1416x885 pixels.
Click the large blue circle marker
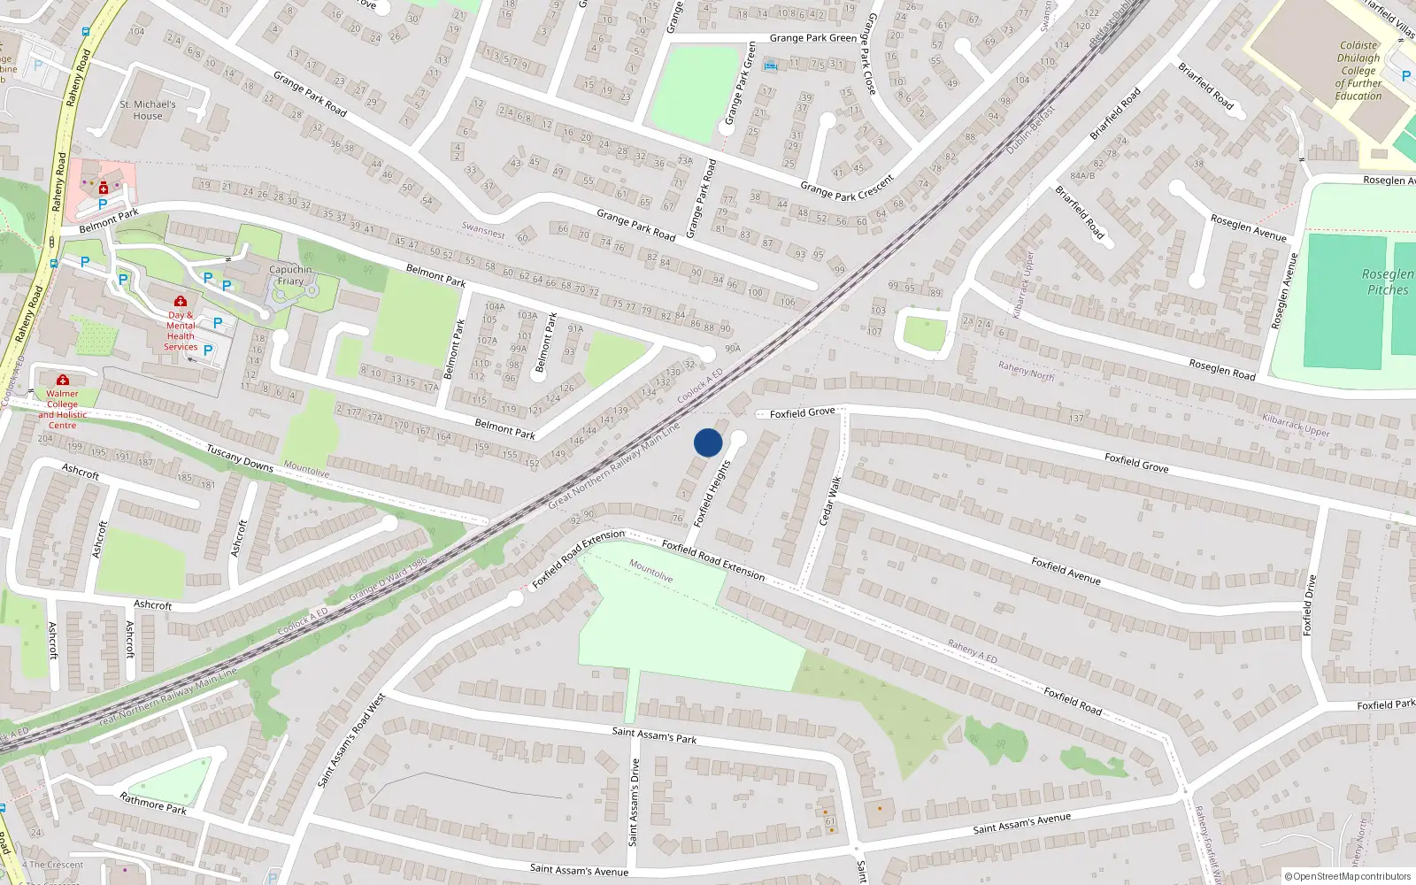tap(708, 442)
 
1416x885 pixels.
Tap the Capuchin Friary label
tap(290, 275)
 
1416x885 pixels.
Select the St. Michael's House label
tap(148, 110)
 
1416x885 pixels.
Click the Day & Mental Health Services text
tap(181, 331)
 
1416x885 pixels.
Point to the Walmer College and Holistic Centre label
tap(62, 409)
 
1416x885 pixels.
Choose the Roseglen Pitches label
tap(1387, 282)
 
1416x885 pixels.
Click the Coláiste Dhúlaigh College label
tap(1358, 71)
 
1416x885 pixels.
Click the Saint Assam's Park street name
tap(654, 735)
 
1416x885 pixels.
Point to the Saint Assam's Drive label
tap(634, 802)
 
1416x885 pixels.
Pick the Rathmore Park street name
tap(153, 804)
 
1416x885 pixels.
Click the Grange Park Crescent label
tap(847, 189)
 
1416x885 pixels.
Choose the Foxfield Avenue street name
tap(1066, 570)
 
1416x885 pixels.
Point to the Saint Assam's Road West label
tap(351, 740)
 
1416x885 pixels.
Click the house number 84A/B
tap(1081, 176)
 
